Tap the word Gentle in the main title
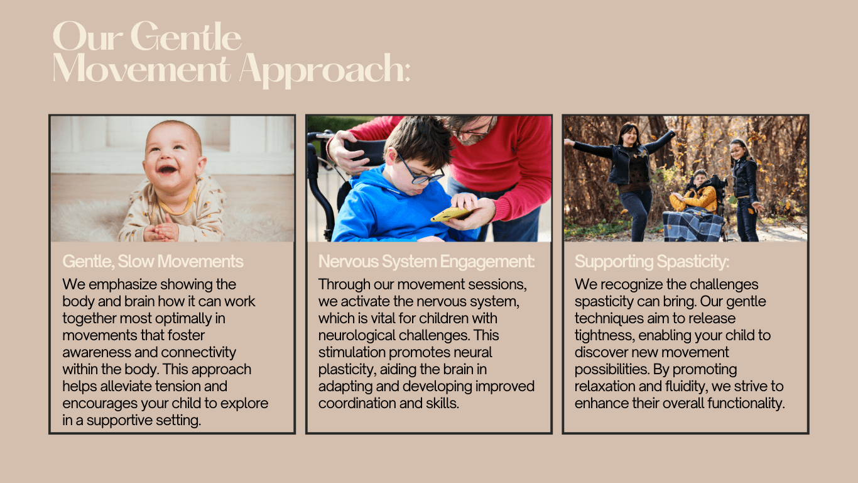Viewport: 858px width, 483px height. click(x=186, y=36)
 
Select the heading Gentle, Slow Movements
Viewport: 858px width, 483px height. click(x=153, y=262)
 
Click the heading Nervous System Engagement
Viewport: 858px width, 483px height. click(x=426, y=262)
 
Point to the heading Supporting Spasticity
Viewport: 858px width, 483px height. click(x=652, y=262)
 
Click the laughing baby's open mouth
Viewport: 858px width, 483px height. click(x=167, y=169)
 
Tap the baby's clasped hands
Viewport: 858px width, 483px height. click(x=161, y=231)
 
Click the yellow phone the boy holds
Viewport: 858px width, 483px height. click(x=451, y=214)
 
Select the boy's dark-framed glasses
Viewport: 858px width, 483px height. click(x=420, y=170)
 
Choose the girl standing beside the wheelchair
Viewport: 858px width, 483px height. click(x=745, y=190)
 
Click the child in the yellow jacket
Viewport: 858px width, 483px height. click(x=695, y=194)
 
